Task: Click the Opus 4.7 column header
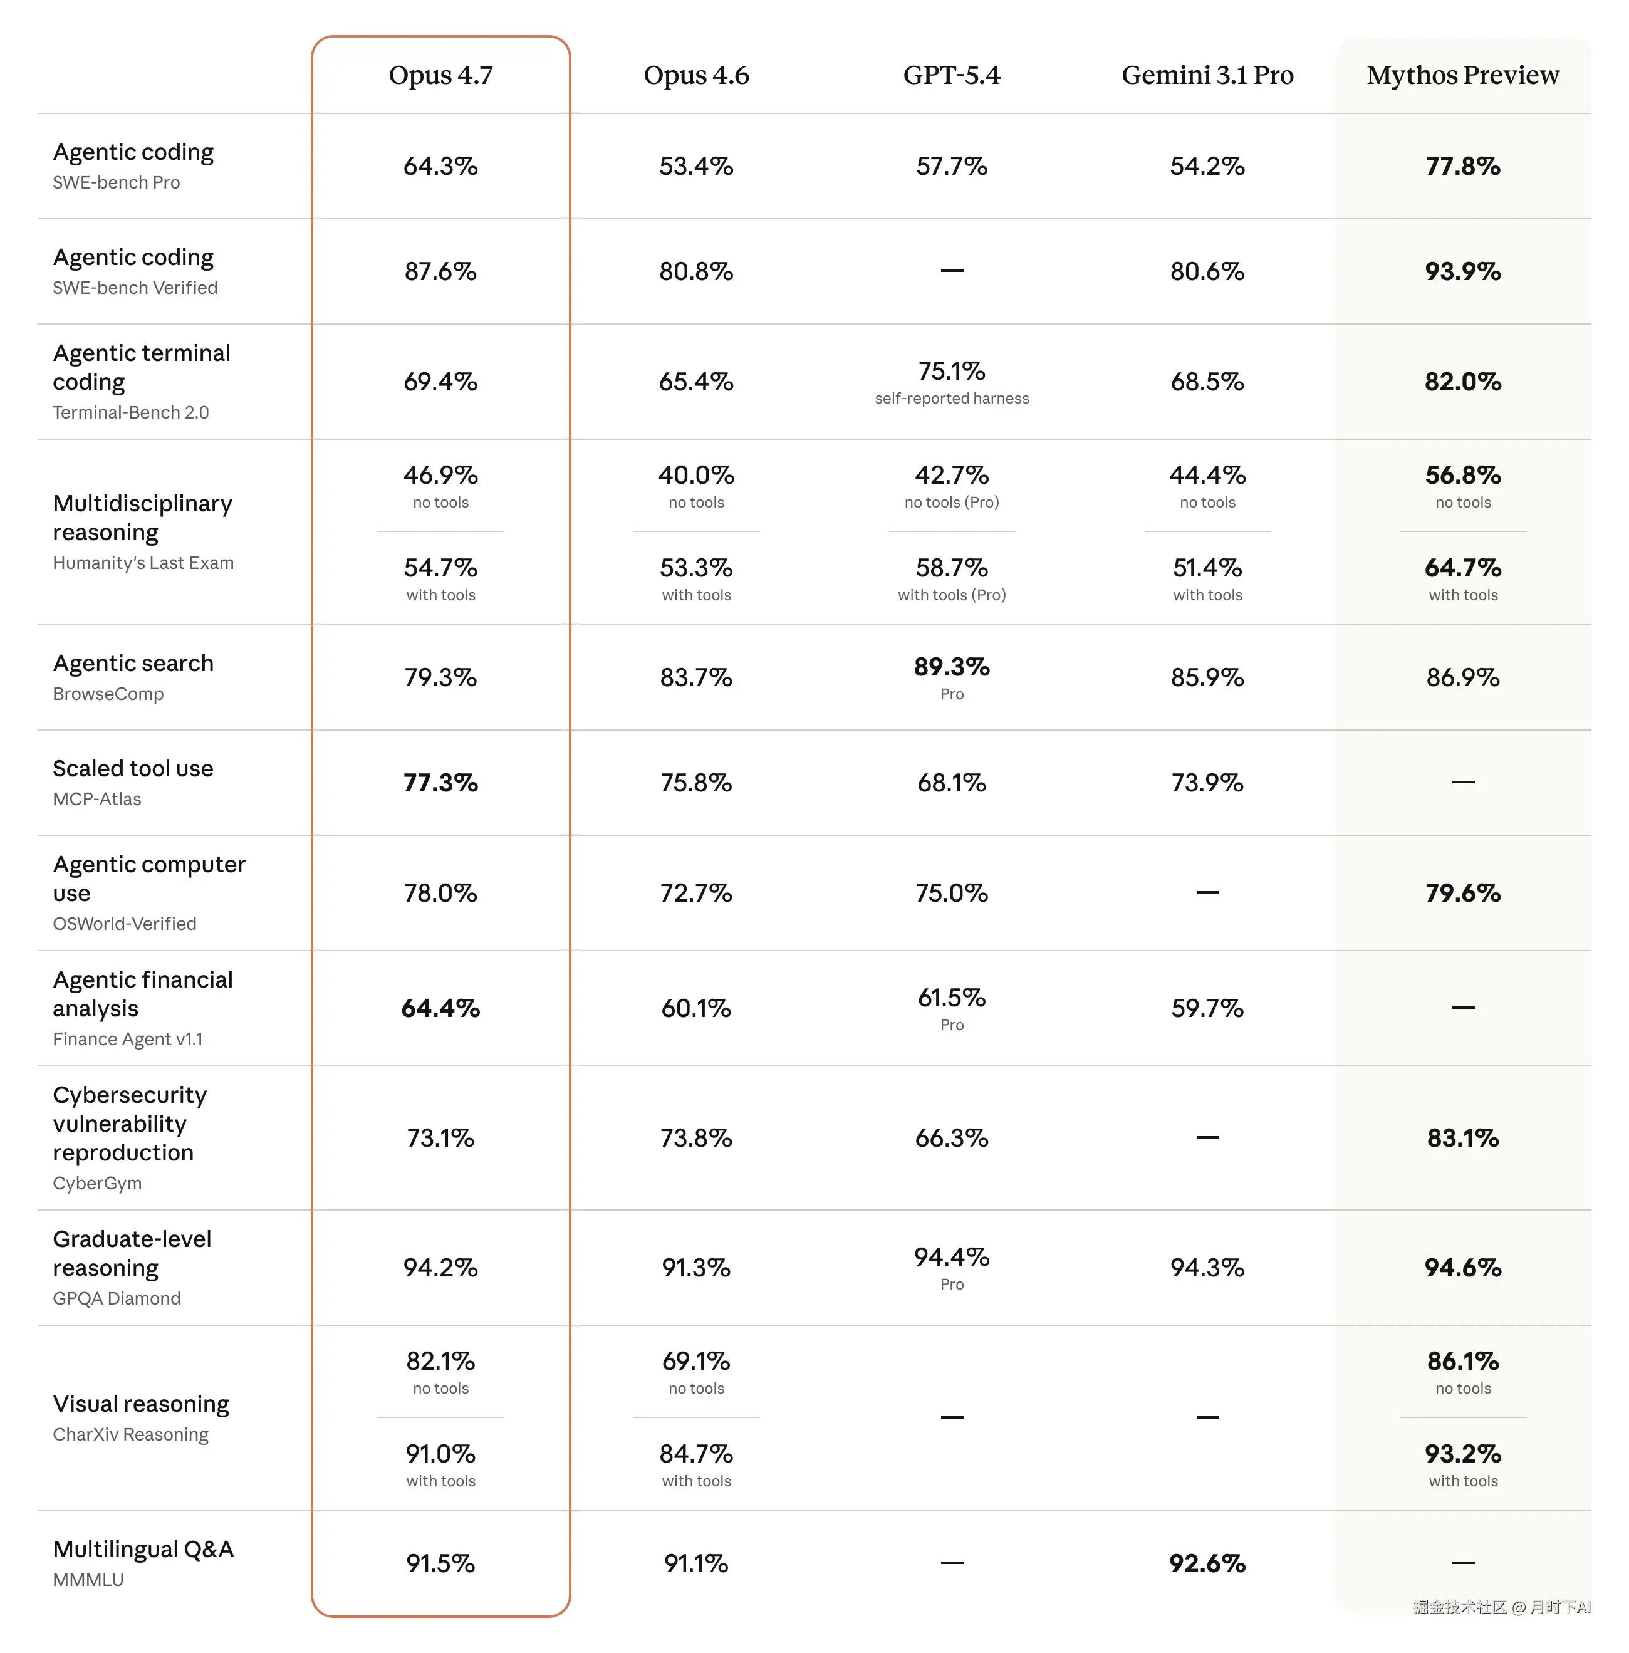tap(440, 75)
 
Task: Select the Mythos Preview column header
tap(1462, 75)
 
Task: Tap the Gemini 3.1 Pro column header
tap(1207, 75)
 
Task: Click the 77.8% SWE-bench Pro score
tap(1462, 166)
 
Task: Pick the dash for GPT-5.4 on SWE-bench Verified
tap(951, 271)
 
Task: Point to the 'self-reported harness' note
tap(951, 399)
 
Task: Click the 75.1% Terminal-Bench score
tap(951, 372)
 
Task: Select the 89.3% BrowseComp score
tap(951, 667)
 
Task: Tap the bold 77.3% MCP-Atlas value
tap(440, 783)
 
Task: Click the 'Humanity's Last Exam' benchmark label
tap(143, 563)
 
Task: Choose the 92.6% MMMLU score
tap(1207, 1564)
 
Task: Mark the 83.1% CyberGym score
tap(1462, 1139)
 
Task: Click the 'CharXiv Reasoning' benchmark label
tap(130, 1435)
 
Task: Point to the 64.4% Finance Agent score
tap(440, 1009)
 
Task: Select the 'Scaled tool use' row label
tap(133, 769)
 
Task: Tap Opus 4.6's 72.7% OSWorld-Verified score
tap(695, 894)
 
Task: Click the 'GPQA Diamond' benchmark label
tap(117, 1299)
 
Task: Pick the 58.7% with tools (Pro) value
tap(951, 568)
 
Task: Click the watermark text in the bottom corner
tap(1502, 1608)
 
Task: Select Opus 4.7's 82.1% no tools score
tap(440, 1361)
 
